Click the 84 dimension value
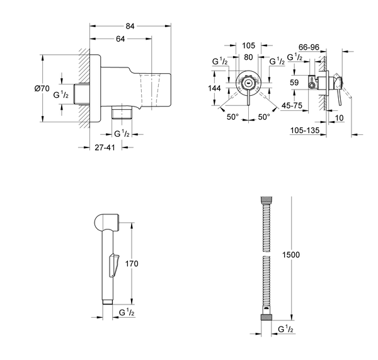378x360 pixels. tap(130, 26)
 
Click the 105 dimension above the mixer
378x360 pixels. tap(248, 45)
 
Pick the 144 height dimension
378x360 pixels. tap(215, 89)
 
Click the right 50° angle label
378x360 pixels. tap(264, 117)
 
